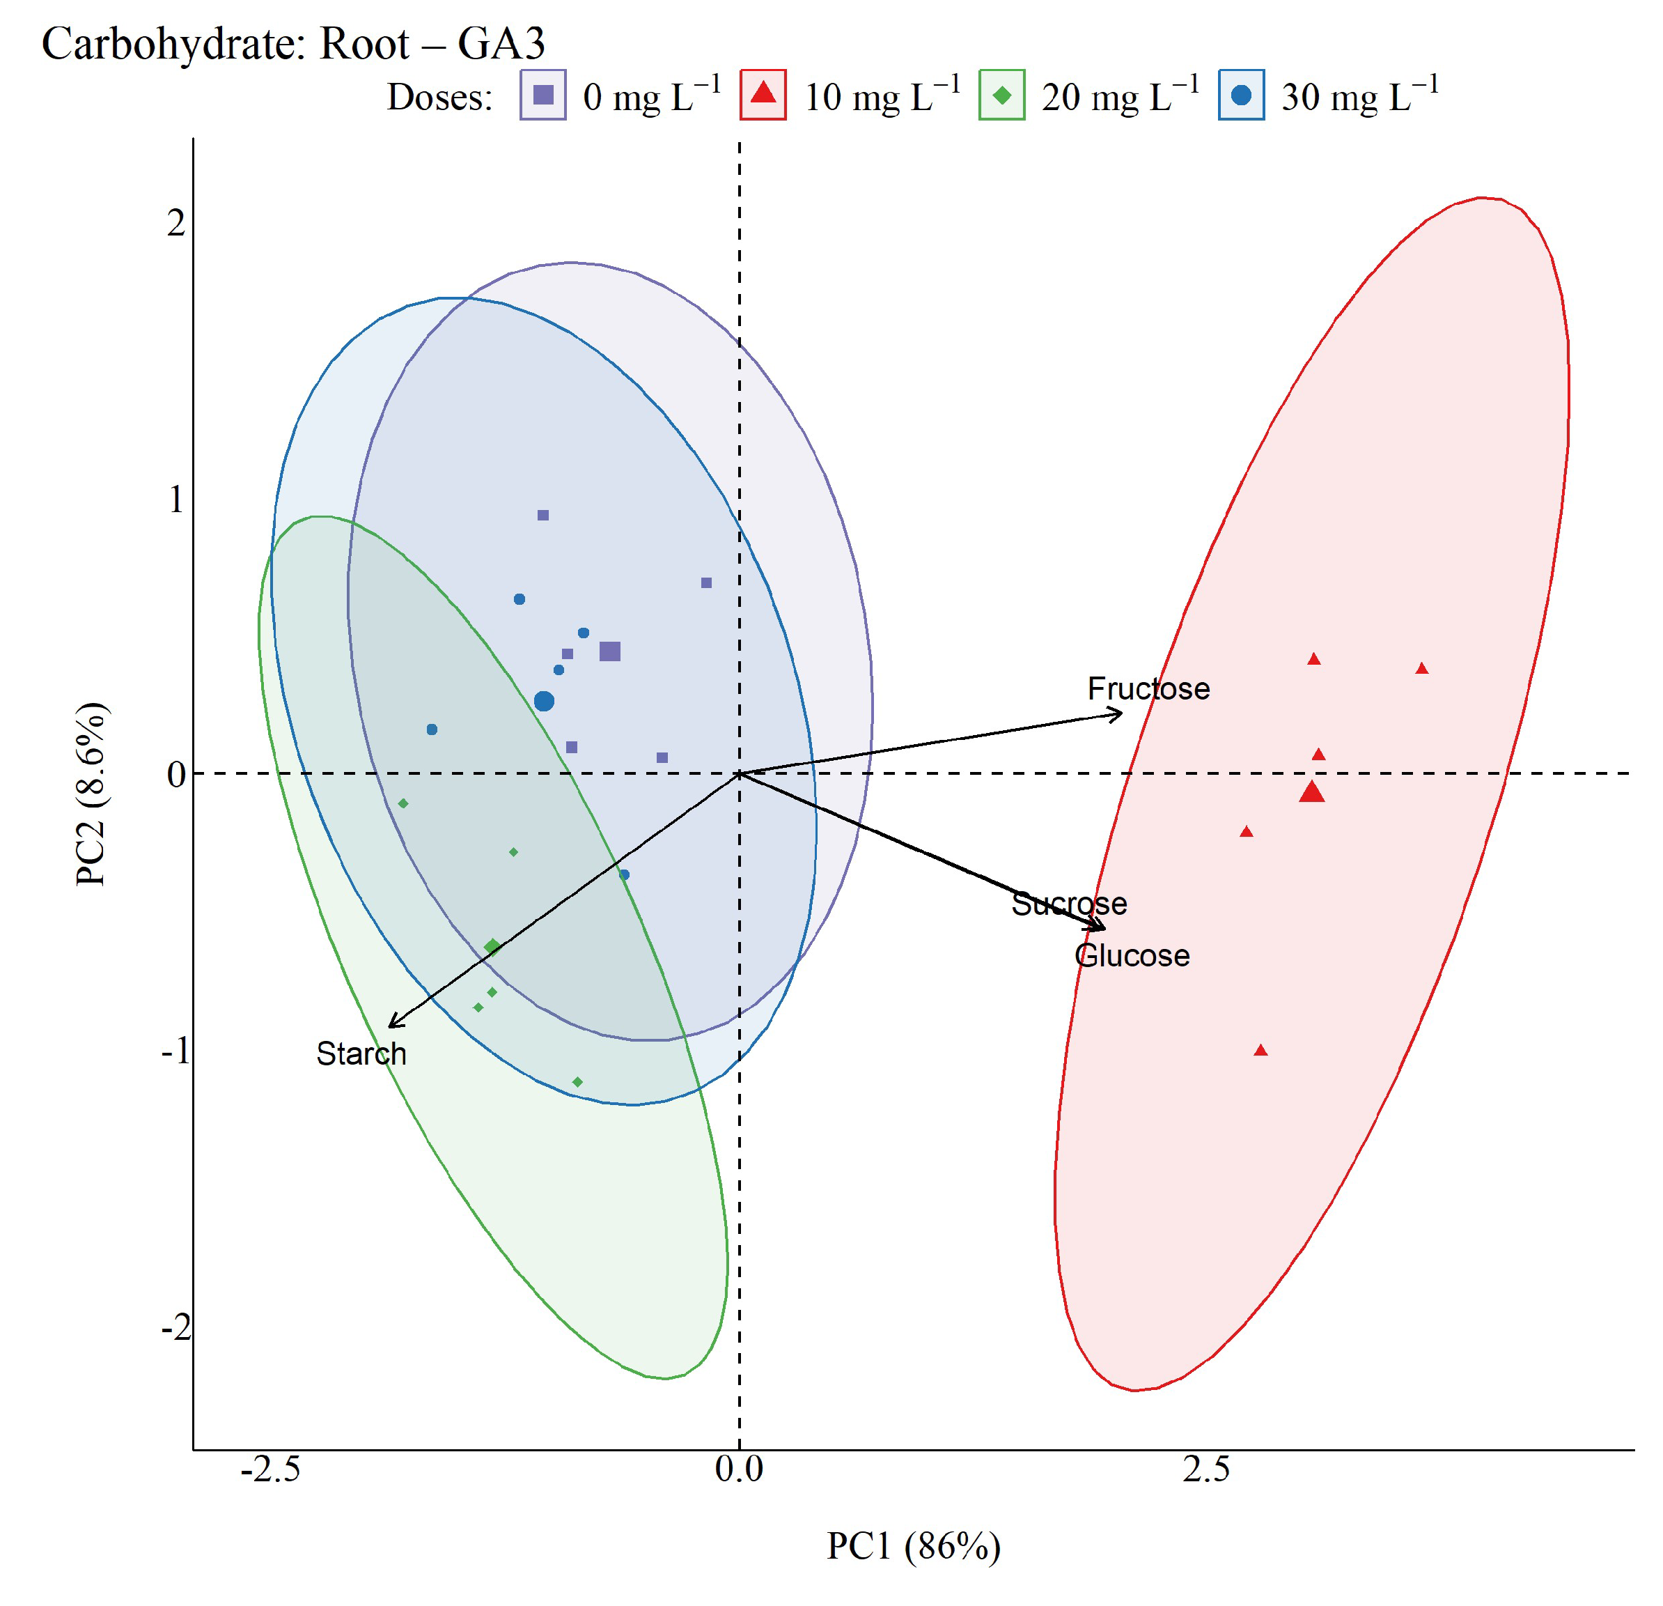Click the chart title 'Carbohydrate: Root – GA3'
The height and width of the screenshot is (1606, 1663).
pyautogui.click(x=292, y=44)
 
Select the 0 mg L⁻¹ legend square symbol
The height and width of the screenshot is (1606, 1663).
pyautogui.click(x=543, y=94)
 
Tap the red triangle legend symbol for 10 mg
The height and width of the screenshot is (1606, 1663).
pyautogui.click(x=764, y=93)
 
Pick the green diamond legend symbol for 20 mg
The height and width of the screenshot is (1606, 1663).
pyautogui.click(x=1002, y=95)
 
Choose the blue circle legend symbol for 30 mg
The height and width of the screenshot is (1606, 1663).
pyautogui.click(x=1241, y=94)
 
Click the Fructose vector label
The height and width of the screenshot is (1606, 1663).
pyautogui.click(x=1149, y=688)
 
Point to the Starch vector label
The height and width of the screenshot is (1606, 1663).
pyautogui.click(x=361, y=1053)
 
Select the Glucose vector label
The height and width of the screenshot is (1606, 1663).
pyautogui.click(x=1132, y=956)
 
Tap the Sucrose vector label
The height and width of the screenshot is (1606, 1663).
pyautogui.click(x=1069, y=904)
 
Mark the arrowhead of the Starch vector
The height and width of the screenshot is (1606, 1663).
pyautogui.click(x=389, y=1028)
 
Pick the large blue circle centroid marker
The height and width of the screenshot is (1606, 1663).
pyautogui.click(x=544, y=701)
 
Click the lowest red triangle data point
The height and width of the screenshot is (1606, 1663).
pyautogui.click(x=1260, y=1051)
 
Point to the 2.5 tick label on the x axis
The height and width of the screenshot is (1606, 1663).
pyautogui.click(x=1205, y=1469)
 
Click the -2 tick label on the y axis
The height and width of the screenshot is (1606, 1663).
pyautogui.click(x=175, y=1327)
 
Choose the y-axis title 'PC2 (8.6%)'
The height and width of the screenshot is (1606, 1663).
pyautogui.click(x=92, y=794)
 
